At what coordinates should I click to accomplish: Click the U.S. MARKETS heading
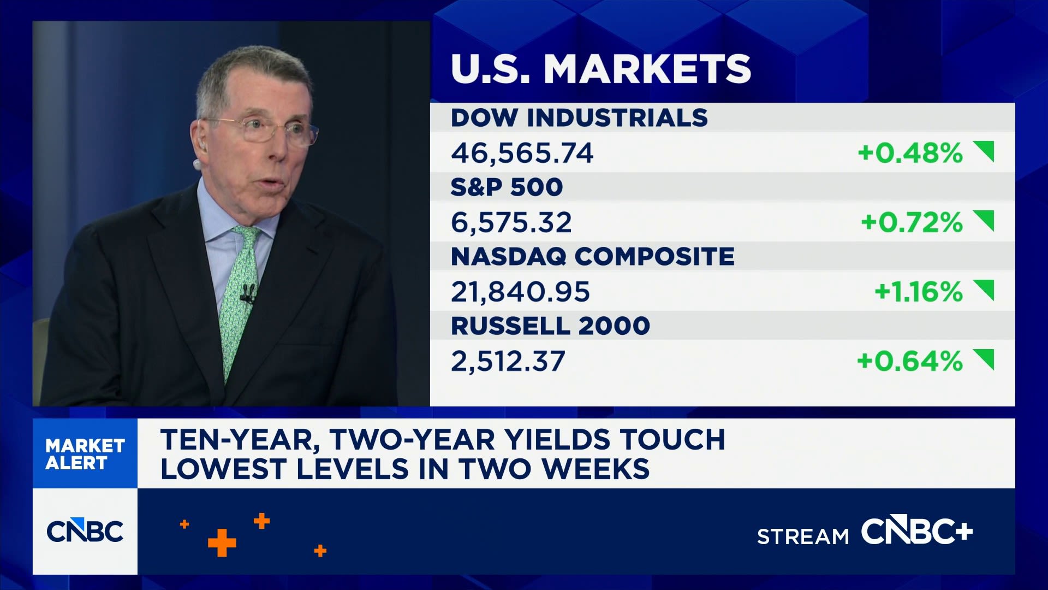601,69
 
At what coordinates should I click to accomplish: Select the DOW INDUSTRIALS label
579,118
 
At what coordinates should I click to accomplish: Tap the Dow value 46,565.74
522,153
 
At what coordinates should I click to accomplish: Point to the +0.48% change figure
910,153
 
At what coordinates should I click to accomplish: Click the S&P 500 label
507,187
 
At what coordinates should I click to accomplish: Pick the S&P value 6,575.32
511,222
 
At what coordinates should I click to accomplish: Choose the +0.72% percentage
912,222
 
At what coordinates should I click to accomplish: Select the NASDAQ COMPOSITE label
593,257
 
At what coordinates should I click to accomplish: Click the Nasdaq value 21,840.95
520,292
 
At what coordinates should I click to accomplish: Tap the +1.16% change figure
918,292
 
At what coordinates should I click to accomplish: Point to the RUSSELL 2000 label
550,326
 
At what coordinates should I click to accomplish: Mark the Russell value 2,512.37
508,361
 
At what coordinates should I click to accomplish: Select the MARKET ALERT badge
85,454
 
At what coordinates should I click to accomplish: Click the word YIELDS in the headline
558,440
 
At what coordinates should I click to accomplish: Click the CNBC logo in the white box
85,531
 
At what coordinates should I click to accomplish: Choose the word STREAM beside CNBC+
803,537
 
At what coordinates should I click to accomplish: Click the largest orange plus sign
222,542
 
